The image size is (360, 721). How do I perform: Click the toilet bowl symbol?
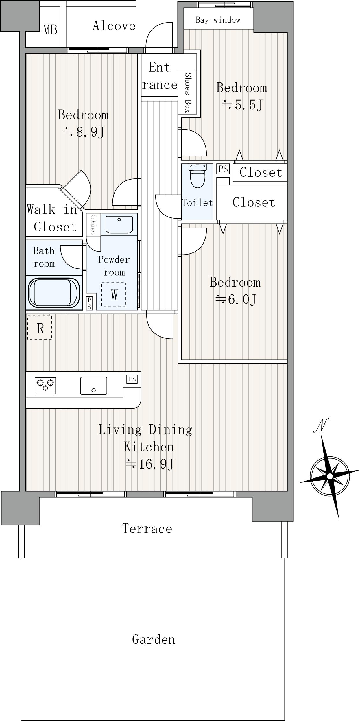click(197, 176)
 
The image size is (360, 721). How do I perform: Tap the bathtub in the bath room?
click(54, 292)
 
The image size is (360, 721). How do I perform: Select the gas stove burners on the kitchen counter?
click(45, 385)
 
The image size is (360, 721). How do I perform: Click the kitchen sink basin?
click(94, 386)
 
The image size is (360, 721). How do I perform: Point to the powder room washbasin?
click(119, 224)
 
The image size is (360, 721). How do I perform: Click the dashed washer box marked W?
click(113, 294)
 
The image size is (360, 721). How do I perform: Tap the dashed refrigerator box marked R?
click(40, 328)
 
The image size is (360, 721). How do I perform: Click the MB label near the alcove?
click(50, 29)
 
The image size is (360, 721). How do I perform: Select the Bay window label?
click(218, 20)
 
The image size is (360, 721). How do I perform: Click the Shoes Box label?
click(188, 93)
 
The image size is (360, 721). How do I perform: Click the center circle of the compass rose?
click(330, 476)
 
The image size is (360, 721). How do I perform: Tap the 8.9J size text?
click(84, 132)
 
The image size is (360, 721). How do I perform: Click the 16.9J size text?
click(150, 464)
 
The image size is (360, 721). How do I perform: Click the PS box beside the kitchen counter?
click(132, 379)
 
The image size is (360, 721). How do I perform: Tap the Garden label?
click(154, 639)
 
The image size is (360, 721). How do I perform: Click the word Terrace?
click(147, 529)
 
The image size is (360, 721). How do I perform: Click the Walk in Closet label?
click(52, 218)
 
